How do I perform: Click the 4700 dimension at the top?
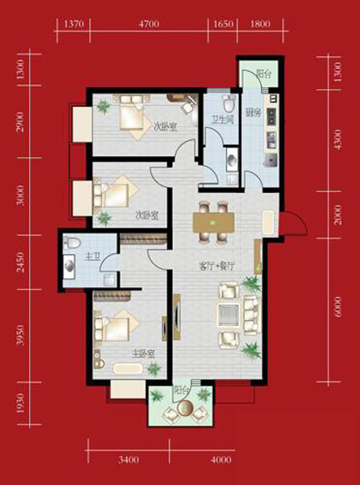tap(149, 24)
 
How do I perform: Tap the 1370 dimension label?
tap(73, 24)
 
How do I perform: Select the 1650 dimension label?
tap(222, 24)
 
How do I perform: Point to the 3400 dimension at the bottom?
tap(128, 460)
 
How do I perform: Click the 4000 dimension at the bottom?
tap(221, 460)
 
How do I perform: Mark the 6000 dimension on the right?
tap(338, 307)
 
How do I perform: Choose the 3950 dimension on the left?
tap(21, 335)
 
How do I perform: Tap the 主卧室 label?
tap(144, 354)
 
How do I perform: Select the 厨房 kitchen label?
tap(253, 113)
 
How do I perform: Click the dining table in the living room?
tap(213, 222)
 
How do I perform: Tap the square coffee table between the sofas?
tap(228, 315)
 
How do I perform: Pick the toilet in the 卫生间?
tap(229, 104)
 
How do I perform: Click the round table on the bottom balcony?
tap(185, 408)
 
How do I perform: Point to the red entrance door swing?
tap(294, 222)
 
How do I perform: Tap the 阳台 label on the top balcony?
tap(264, 74)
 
